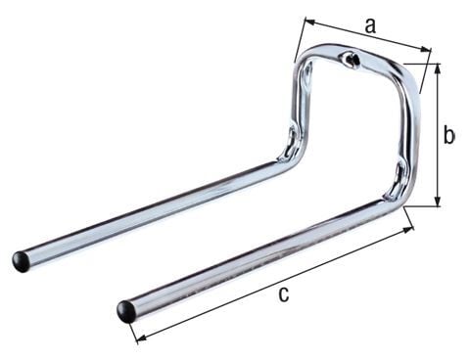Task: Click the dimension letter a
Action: [x=369, y=26]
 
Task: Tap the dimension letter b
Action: [x=448, y=135]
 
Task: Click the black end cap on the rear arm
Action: [x=22, y=261]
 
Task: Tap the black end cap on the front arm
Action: [x=126, y=311]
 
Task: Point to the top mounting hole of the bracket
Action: [x=352, y=63]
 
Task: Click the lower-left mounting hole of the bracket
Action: [x=291, y=140]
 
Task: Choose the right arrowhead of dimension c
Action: [x=408, y=229]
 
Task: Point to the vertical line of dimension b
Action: [x=436, y=135]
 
